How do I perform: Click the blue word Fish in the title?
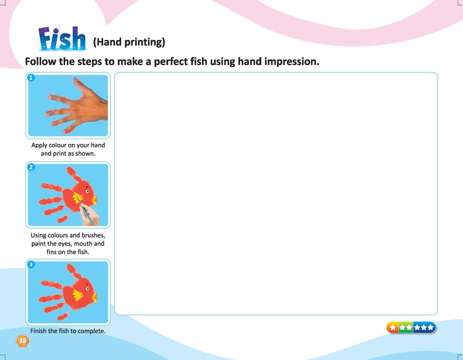coord(62,38)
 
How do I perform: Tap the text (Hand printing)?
coord(129,42)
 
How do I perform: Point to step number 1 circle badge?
coord(31,78)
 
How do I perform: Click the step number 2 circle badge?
coord(31,167)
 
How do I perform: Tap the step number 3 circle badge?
coord(31,264)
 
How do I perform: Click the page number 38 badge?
coord(23,341)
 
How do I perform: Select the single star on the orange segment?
coord(393,328)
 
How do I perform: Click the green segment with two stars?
coord(406,328)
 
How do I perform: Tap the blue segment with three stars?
coord(424,328)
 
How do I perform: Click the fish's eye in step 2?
coord(87,191)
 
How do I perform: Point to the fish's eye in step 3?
coord(87,288)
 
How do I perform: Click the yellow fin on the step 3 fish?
coord(78,295)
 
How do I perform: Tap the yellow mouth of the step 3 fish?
coord(94,297)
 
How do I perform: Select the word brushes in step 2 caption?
coord(93,235)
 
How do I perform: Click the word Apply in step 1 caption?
coord(39,145)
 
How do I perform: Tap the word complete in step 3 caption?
coord(91,331)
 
